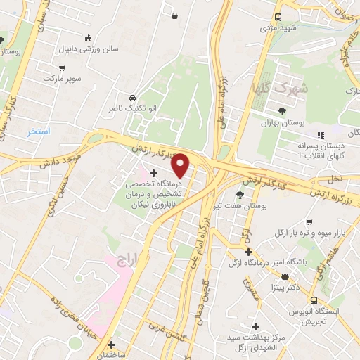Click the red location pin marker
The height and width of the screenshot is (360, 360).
(x=181, y=165)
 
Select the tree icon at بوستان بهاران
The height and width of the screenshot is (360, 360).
(x=282, y=110)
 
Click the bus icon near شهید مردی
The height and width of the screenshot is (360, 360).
(x=278, y=17)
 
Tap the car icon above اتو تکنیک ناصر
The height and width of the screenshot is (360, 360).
(x=132, y=97)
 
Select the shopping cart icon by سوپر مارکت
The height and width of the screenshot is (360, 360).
(x=63, y=68)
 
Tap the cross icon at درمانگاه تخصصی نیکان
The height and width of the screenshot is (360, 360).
(x=154, y=172)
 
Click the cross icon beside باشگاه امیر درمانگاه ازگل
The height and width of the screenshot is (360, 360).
(x=247, y=252)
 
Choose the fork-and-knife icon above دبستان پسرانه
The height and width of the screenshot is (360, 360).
(x=321, y=135)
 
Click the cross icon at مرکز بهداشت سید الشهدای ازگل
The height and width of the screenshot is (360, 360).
(x=255, y=326)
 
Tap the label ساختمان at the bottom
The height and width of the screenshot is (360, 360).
(x=111, y=354)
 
